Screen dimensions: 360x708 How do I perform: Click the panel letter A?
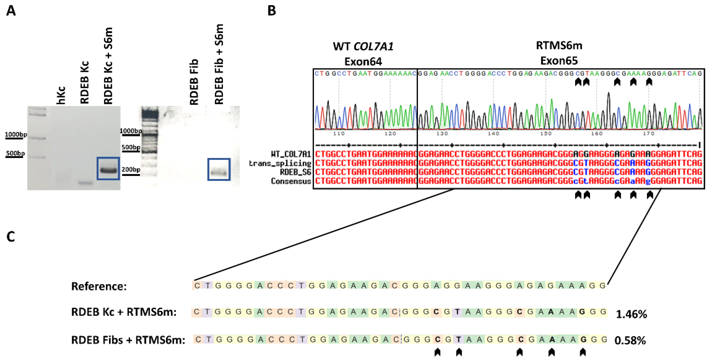11,11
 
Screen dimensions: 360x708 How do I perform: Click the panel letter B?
271,11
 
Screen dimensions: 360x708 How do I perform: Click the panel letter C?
11,237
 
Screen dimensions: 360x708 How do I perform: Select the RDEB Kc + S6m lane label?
108,66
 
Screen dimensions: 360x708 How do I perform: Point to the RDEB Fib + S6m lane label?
219,65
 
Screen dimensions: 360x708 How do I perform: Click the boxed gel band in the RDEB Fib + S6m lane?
219,173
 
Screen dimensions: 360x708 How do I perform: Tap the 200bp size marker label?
131,170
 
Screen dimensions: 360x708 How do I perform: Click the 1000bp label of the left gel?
16,134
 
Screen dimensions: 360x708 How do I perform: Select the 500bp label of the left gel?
15,153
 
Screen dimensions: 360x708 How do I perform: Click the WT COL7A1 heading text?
363,46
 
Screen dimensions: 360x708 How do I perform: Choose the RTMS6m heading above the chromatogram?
559,45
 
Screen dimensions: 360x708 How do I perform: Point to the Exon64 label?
363,62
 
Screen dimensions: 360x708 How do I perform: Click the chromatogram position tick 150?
546,134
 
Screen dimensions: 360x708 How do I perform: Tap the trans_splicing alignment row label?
280,163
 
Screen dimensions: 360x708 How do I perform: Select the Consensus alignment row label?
291,181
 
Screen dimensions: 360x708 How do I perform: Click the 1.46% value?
631,314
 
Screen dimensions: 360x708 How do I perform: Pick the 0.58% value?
630,341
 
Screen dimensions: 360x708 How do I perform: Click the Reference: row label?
99,286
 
